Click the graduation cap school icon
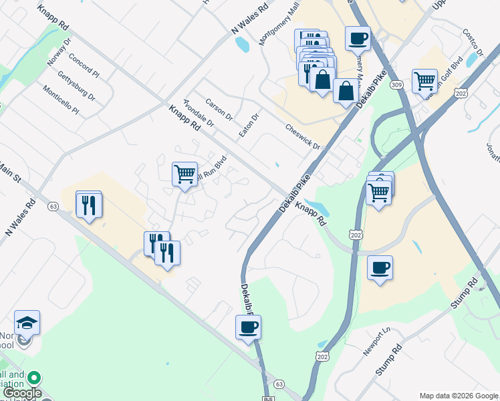pos(27,323)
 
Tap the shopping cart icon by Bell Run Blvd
pos(184,174)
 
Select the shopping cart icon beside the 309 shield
pos(424,82)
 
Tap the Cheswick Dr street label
pos(302,136)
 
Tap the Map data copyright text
pos(459,396)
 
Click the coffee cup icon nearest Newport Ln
pos(380,268)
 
